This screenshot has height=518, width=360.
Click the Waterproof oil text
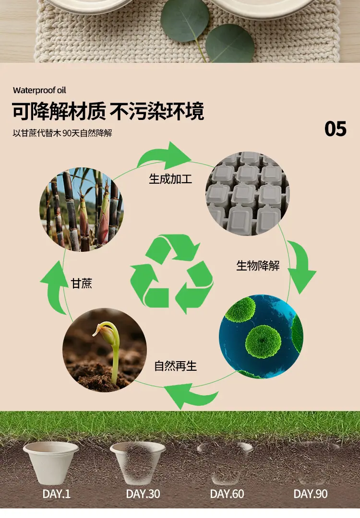point(39,90)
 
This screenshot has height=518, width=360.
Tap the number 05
point(335,129)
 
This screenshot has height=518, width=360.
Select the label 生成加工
point(170,179)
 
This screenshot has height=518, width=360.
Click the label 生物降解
point(258,265)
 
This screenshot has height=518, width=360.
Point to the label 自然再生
point(176,365)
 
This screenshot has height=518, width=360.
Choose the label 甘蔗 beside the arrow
point(81,283)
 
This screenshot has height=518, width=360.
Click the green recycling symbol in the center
point(171,274)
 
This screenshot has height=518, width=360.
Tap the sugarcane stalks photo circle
point(81,210)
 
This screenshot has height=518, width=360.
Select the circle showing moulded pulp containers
point(248,194)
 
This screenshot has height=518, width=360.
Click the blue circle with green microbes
point(261,336)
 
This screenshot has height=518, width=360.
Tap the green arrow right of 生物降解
point(301,266)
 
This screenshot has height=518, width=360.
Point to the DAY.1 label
point(57,494)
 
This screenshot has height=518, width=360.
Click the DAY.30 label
point(143,494)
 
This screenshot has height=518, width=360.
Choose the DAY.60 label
point(227,494)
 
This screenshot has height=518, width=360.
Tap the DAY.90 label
point(311,494)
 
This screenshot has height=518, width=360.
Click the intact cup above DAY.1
point(51,462)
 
